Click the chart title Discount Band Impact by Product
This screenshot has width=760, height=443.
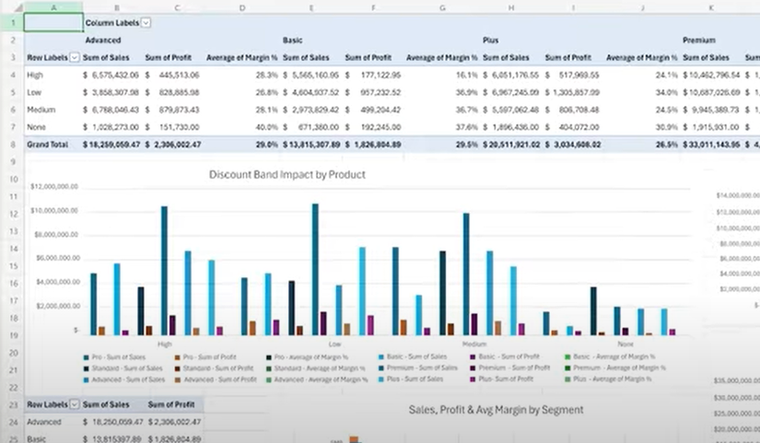(x=286, y=174)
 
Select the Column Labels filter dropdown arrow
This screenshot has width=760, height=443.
(x=146, y=22)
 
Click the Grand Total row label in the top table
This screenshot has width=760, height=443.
(x=46, y=145)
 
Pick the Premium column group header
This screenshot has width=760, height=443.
(x=699, y=41)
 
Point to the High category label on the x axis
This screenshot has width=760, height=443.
(x=165, y=344)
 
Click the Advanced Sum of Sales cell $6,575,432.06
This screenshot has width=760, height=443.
(x=111, y=75)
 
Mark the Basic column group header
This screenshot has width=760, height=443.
(x=292, y=41)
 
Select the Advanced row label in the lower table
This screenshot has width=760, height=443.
(x=43, y=422)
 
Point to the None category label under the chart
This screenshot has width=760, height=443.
(x=626, y=344)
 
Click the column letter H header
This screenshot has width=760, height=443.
(x=511, y=7)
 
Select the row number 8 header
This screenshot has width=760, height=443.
(x=12, y=145)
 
